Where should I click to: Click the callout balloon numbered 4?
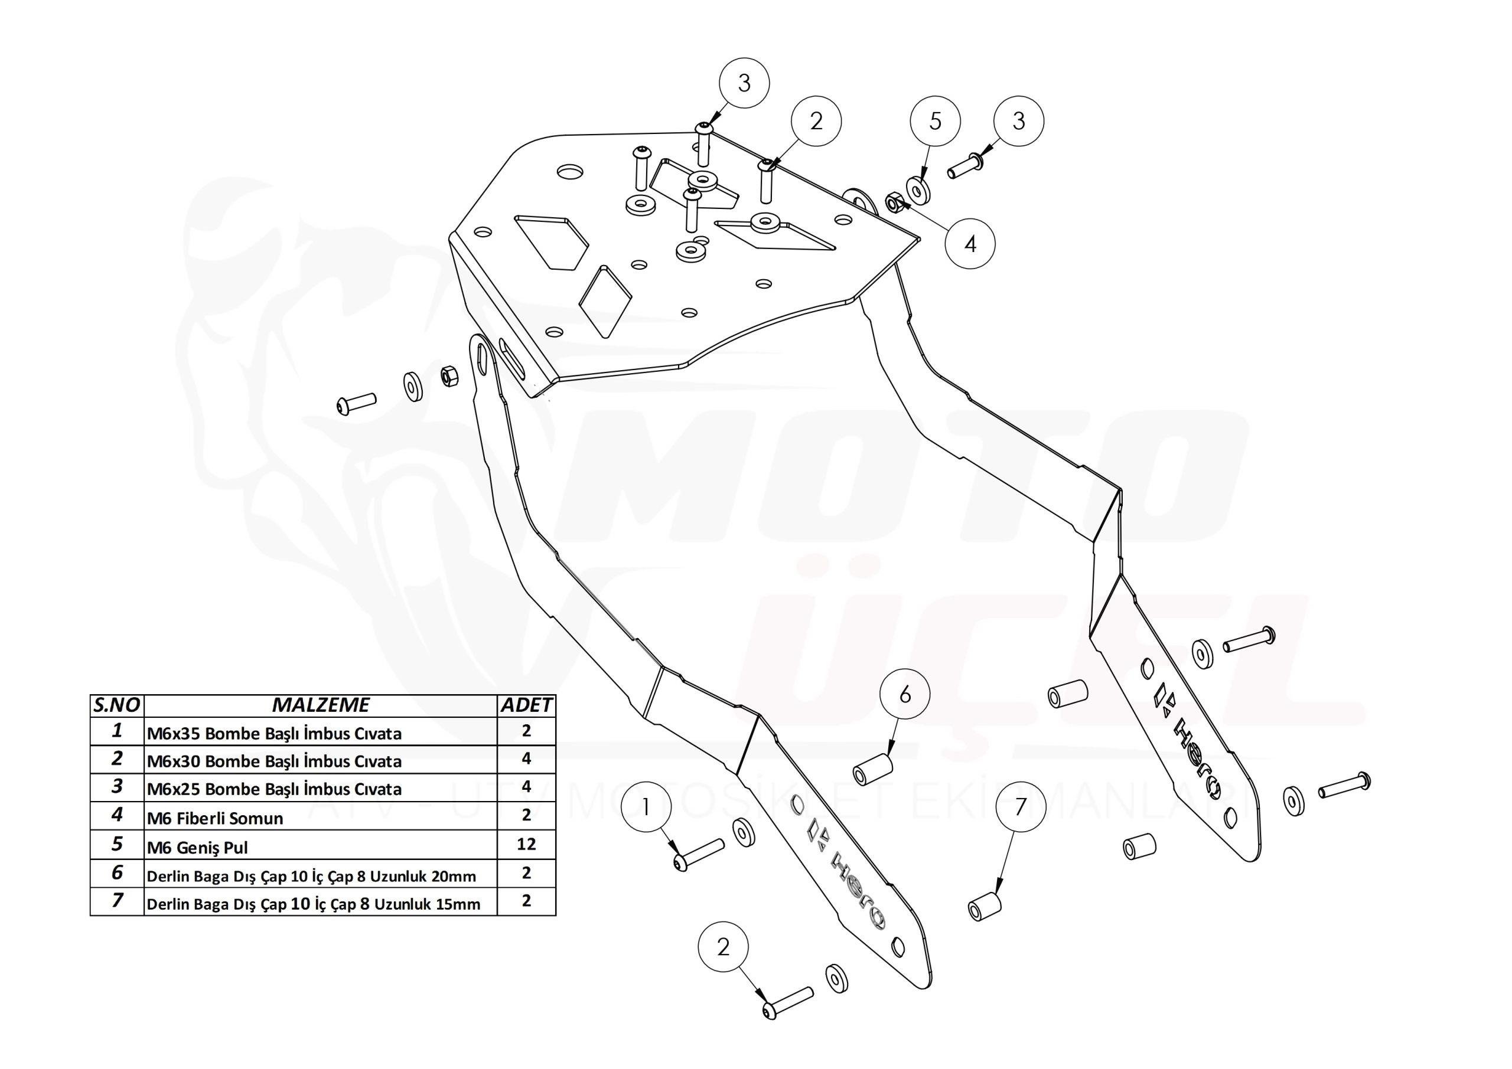click(x=969, y=244)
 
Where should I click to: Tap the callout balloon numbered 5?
click(x=935, y=121)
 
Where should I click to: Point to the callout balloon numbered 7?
click(x=1020, y=807)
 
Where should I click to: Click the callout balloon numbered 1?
click(x=646, y=808)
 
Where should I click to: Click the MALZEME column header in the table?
click(x=321, y=705)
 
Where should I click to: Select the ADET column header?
click(x=526, y=705)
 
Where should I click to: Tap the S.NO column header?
click(x=117, y=705)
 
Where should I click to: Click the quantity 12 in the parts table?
click(x=526, y=844)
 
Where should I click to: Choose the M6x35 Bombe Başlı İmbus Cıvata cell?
click(x=274, y=733)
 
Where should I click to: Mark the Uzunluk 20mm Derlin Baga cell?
click(x=311, y=876)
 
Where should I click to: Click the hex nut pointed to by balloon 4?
click(x=894, y=202)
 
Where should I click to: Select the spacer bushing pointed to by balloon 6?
click(x=872, y=767)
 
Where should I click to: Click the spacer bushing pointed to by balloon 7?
click(x=985, y=907)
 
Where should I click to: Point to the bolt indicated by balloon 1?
click(x=700, y=854)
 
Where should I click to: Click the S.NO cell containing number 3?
click(x=117, y=787)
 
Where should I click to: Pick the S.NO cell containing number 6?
click(x=117, y=873)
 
